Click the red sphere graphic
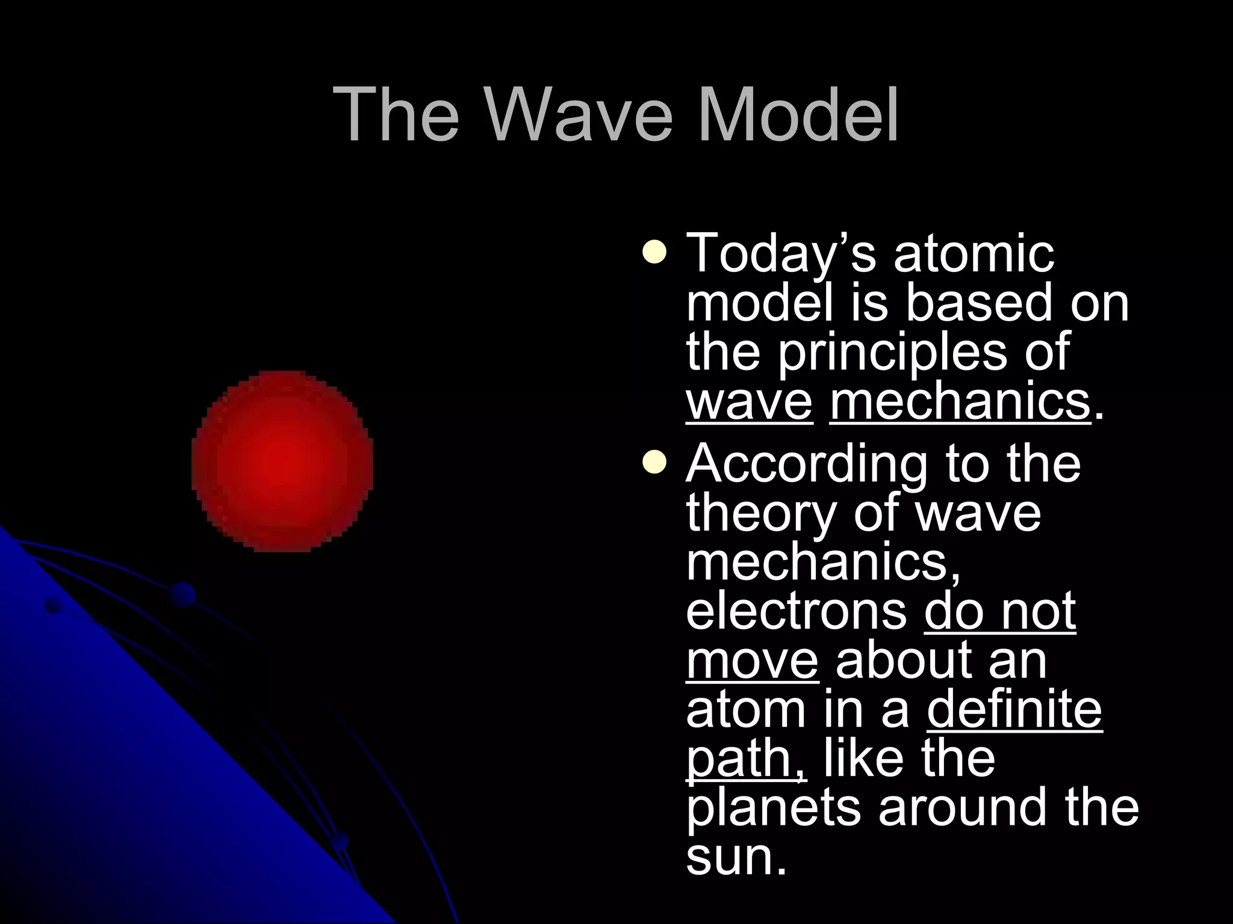282,461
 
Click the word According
807,464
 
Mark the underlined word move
752,661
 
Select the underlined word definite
1014,710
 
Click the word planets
773,808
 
